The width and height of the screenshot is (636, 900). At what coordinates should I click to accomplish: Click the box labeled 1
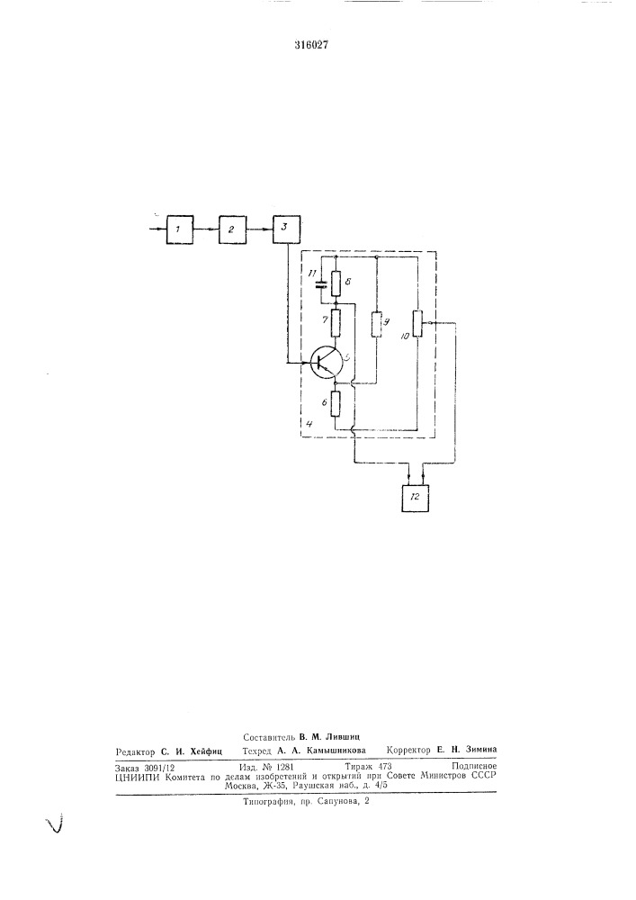point(180,229)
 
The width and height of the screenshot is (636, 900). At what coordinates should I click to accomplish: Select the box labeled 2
point(232,229)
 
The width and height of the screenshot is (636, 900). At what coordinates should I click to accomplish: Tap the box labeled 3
point(285,229)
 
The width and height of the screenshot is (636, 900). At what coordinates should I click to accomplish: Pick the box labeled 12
point(416,497)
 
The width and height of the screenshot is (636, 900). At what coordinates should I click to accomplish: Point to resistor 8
point(336,282)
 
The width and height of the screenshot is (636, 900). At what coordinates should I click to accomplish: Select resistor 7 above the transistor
point(336,323)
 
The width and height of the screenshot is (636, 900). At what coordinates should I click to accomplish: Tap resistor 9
point(376,324)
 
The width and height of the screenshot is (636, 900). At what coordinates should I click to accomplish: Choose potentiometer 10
point(418,324)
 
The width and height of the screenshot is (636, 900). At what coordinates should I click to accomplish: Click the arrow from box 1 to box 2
point(207,229)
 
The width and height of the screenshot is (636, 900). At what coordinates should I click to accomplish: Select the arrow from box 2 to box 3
point(259,229)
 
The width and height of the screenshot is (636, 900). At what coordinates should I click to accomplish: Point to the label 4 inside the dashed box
point(309,424)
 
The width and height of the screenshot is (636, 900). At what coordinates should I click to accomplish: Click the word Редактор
point(135,751)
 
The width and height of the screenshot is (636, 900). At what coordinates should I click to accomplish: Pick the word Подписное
point(474,766)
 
